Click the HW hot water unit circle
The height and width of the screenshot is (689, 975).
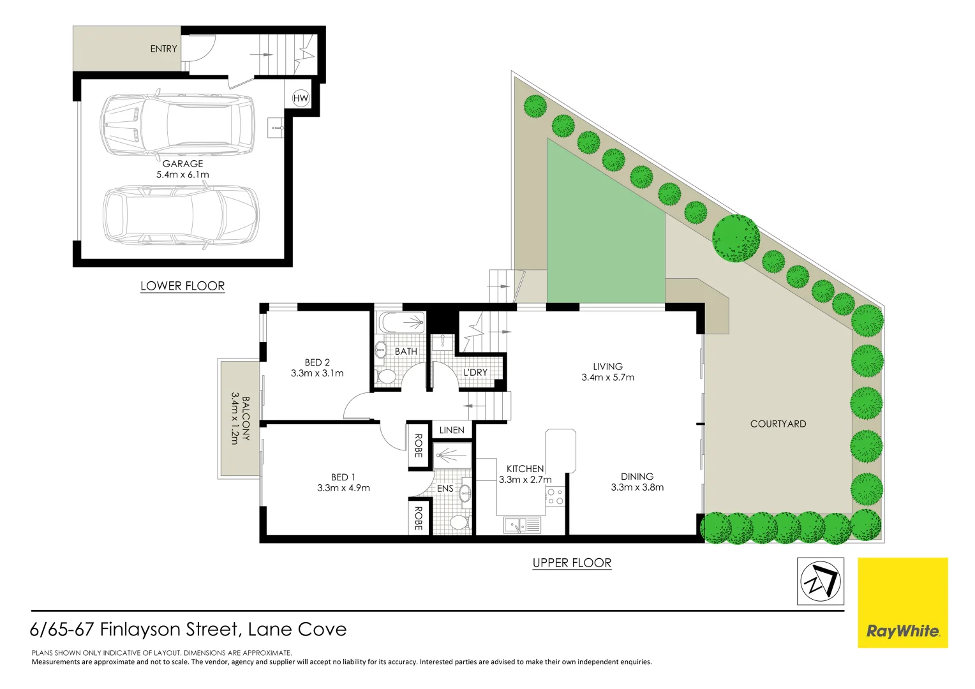[x=301, y=98]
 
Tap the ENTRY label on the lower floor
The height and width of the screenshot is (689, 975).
[x=164, y=48]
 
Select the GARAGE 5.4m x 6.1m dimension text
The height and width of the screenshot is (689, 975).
[x=182, y=174]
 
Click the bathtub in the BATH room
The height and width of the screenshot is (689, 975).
[x=401, y=322]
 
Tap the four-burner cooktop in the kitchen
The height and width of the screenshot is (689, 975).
[x=555, y=496]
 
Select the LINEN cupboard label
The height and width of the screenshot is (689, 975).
[x=452, y=430]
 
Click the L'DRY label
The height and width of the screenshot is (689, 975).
[x=475, y=372]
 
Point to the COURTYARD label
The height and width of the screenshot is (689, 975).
[x=778, y=424]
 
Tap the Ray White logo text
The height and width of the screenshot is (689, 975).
[x=902, y=632]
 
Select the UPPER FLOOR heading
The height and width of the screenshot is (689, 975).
[x=572, y=563]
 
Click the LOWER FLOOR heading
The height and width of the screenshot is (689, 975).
[x=182, y=286]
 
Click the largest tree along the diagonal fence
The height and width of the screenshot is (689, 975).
[x=736, y=239]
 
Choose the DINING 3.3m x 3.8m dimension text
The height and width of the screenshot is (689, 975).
[x=637, y=487]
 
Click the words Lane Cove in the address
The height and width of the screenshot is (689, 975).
[x=297, y=630]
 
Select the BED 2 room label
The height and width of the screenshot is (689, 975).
[x=317, y=362]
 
